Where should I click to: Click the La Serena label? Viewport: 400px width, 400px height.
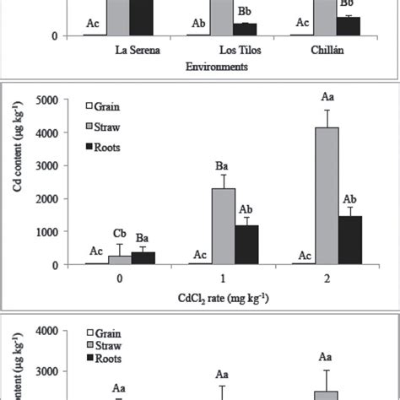(138, 49)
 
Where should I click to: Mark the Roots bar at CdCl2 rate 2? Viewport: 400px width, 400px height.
(351, 240)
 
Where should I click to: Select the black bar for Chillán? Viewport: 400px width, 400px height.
(349, 26)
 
